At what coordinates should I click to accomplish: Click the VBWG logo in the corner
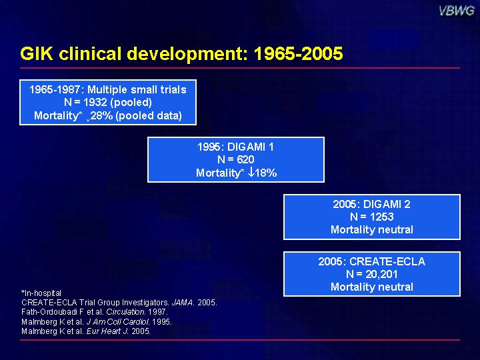click(x=456, y=11)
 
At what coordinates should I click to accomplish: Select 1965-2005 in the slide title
click(x=298, y=53)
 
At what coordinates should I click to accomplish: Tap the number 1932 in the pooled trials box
click(x=94, y=102)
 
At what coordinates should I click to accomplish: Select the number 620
click(x=245, y=159)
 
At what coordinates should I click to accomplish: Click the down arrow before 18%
click(x=251, y=173)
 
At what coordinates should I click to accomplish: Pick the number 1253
click(x=381, y=217)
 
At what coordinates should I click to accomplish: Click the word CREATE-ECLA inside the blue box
click(x=387, y=261)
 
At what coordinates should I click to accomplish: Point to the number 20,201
click(x=381, y=274)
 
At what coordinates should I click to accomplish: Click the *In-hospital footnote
click(x=41, y=293)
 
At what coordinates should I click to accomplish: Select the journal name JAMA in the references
click(x=183, y=303)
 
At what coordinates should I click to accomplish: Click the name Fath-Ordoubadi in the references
click(x=48, y=312)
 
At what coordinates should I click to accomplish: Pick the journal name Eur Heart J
click(x=107, y=331)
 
